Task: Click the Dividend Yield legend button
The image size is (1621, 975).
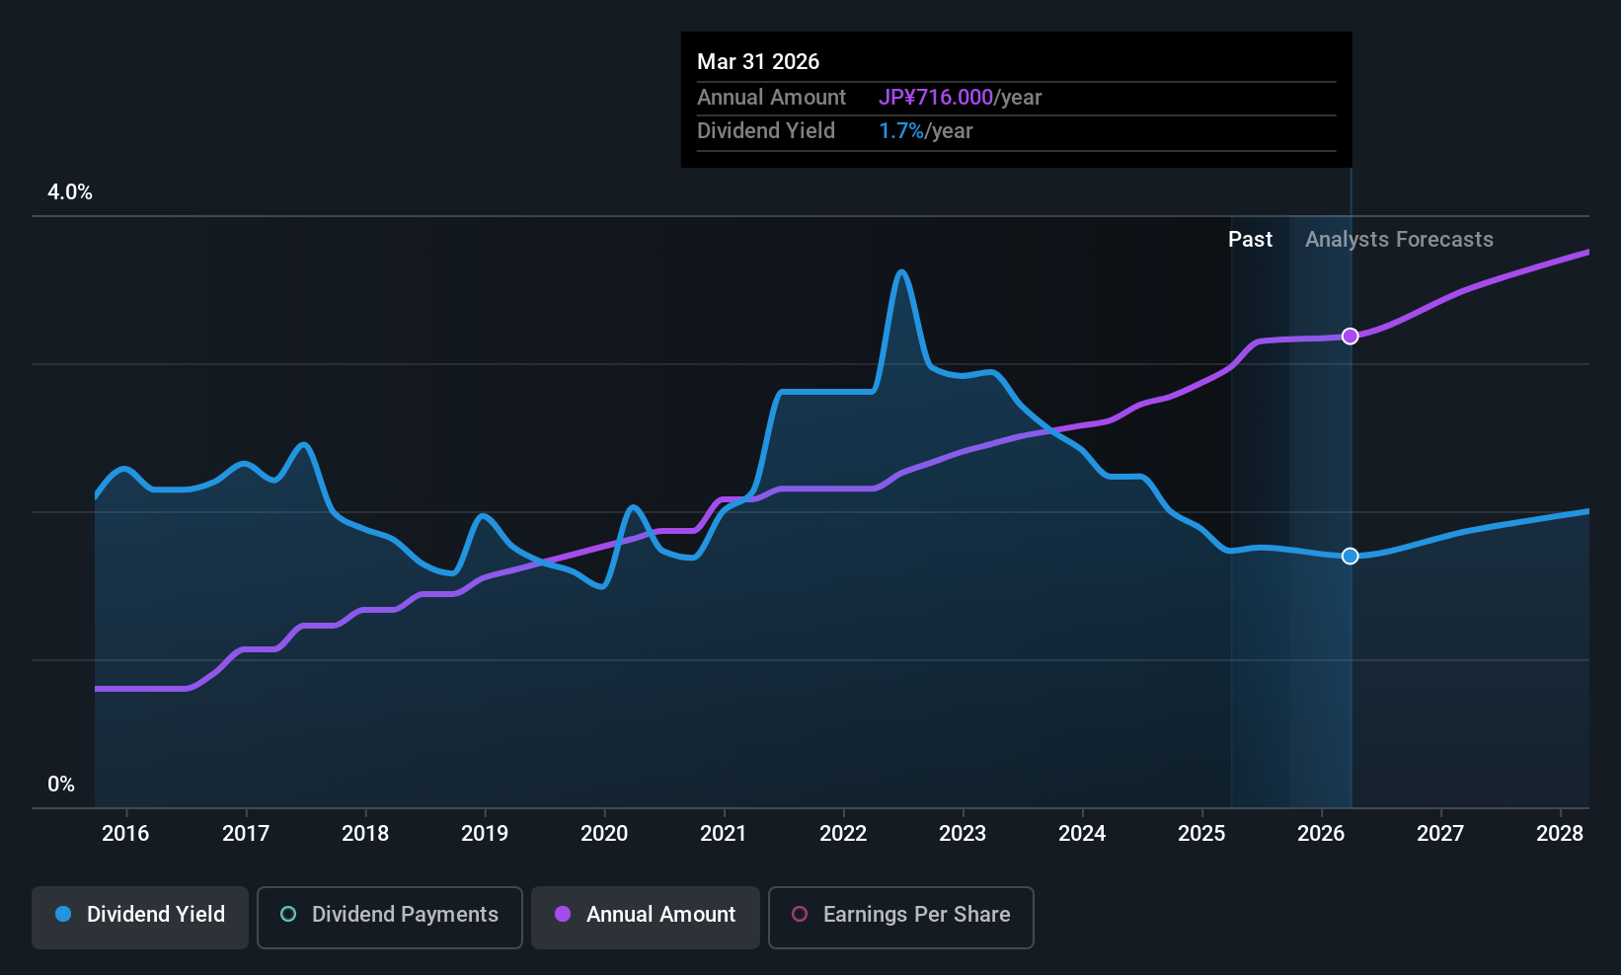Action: coord(140,915)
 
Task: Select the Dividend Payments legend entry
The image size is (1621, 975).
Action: coord(389,915)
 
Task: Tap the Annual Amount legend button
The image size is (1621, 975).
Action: coord(646,915)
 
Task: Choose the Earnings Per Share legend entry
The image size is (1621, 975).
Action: coord(900,915)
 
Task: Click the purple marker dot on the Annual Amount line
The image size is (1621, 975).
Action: coord(1350,337)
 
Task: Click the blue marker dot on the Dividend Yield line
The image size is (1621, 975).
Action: coord(1350,557)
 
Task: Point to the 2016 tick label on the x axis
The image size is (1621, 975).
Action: coord(125,834)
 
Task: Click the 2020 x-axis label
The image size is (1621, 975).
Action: coord(604,834)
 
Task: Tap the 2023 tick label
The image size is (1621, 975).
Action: coord(963,834)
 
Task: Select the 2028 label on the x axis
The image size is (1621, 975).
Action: coord(1560,834)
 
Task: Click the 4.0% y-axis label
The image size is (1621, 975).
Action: coord(70,192)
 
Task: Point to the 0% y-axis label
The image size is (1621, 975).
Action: coord(61,785)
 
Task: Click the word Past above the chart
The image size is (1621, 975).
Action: coord(1250,240)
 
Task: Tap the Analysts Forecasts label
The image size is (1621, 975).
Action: coord(1399,240)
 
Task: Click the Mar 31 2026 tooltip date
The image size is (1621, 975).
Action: coord(758,62)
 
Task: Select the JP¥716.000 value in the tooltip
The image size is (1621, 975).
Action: coord(936,98)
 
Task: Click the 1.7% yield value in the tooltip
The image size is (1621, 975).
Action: coord(901,131)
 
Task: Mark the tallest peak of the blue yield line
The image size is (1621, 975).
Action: coord(900,272)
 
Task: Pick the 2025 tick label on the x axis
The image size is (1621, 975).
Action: coord(1201,834)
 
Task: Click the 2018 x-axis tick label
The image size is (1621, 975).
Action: coord(365,834)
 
